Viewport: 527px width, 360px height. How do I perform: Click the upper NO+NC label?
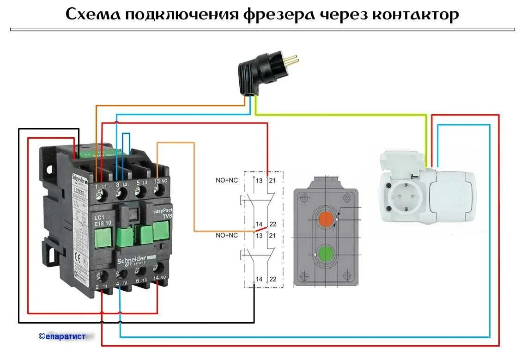[226, 180]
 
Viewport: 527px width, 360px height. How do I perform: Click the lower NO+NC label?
[226, 236]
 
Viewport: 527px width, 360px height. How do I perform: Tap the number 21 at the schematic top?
[273, 180]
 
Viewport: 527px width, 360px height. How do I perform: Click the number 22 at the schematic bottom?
[273, 279]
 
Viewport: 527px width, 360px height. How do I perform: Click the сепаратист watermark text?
[62, 336]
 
